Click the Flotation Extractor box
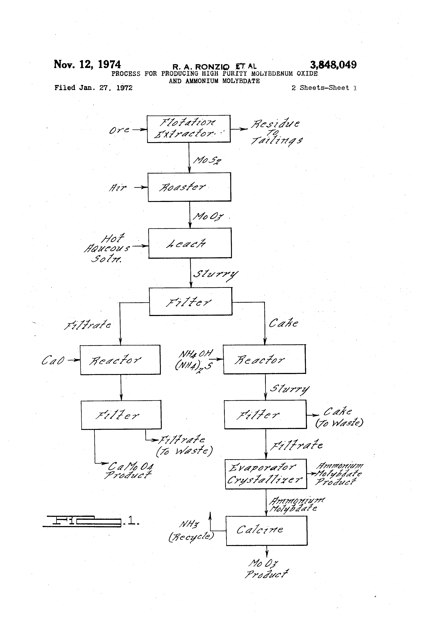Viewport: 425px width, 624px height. coord(189,129)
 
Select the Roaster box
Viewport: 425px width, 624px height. coord(189,187)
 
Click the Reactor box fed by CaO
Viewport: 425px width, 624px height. coord(120,360)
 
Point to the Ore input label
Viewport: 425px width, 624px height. coord(119,130)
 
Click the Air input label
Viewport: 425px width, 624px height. coord(117,187)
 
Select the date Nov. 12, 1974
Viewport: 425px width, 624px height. coord(87,64)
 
